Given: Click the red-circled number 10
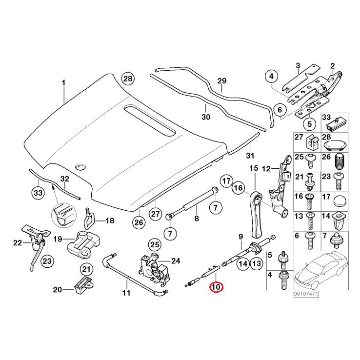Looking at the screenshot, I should (216, 287).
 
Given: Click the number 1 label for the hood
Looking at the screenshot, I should (63, 82).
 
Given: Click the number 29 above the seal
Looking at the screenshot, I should (222, 80).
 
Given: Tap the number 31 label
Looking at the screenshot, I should (250, 156).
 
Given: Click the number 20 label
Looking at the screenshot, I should (57, 290).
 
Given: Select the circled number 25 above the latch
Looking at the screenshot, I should (154, 244).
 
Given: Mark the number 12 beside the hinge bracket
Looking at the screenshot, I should (266, 169).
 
